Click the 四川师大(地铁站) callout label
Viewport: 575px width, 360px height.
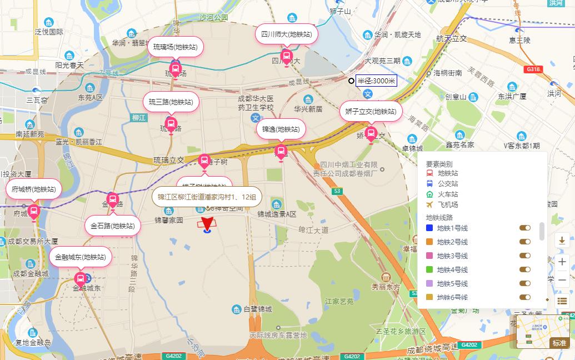tap(286, 34)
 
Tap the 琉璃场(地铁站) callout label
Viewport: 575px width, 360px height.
tap(176, 47)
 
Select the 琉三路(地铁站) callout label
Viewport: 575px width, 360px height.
tap(171, 102)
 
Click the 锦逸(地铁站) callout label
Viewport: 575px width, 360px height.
tap(281, 129)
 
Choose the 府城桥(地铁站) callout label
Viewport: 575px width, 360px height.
tap(33, 189)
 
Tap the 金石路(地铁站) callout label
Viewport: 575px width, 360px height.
tap(112, 226)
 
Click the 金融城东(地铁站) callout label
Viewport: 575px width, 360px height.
tap(81, 257)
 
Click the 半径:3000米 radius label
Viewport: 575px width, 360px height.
tap(376, 81)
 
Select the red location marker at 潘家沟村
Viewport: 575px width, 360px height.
tap(208, 224)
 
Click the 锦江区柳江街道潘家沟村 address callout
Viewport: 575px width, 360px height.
tap(207, 197)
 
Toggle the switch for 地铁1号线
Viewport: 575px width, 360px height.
tap(524, 228)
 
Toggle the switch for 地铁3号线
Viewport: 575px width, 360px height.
tap(524, 256)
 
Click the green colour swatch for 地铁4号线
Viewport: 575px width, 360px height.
tap(429, 269)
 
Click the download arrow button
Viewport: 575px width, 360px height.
tap(562, 241)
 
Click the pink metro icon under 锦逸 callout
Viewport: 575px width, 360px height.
tap(281, 151)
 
